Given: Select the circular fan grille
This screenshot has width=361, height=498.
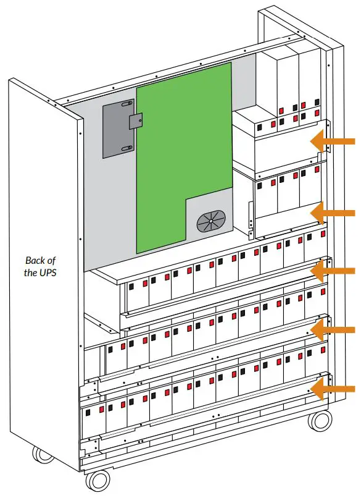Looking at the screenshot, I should [211, 221].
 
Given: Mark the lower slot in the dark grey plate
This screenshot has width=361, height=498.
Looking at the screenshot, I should [126, 147].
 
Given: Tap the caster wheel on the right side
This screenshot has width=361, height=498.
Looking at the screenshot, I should [320, 421].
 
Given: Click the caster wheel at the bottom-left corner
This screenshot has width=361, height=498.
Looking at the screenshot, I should [43, 455].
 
